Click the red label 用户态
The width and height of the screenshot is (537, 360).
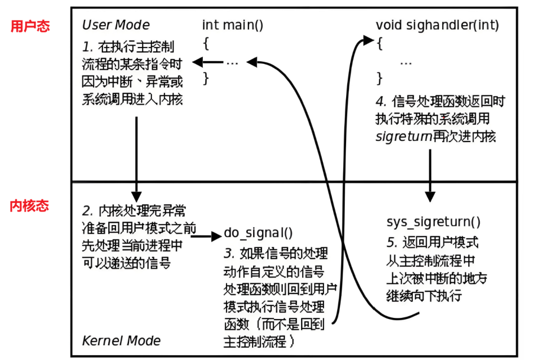(30, 26)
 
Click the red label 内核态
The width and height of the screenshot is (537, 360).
(30, 206)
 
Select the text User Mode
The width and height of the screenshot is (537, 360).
(116, 25)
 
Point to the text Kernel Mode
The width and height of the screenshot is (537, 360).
(121, 340)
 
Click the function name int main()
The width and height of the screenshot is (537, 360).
(232, 25)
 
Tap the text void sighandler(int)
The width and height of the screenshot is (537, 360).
(437, 25)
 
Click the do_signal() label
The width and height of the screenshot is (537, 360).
(259, 233)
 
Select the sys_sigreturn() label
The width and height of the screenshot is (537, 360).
(433, 222)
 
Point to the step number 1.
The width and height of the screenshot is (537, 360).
(88, 47)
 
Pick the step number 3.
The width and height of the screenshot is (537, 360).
(229, 254)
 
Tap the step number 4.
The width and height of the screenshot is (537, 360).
(381, 102)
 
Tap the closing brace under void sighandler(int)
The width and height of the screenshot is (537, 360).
(380, 78)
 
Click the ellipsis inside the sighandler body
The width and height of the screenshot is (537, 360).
(405, 62)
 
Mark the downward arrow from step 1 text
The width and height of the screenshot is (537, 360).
(137, 158)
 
